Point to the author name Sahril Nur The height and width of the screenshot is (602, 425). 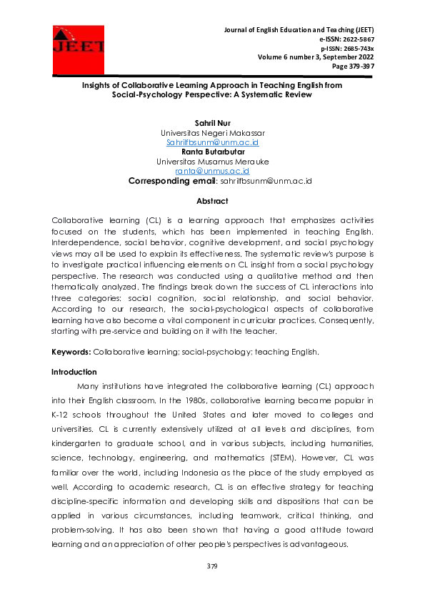212,124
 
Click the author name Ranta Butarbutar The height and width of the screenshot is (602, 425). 212,152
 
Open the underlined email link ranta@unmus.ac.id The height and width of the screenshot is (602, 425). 212,171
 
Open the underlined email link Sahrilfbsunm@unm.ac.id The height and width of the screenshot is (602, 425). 212,142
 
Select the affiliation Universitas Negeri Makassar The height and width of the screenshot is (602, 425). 212,133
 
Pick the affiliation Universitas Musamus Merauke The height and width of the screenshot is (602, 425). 212,162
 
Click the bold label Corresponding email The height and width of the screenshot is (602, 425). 171,181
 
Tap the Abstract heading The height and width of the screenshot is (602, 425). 212,202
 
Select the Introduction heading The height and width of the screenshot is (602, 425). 74,372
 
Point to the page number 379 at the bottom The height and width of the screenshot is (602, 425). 212,566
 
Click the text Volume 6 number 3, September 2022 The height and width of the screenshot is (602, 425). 316,56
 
